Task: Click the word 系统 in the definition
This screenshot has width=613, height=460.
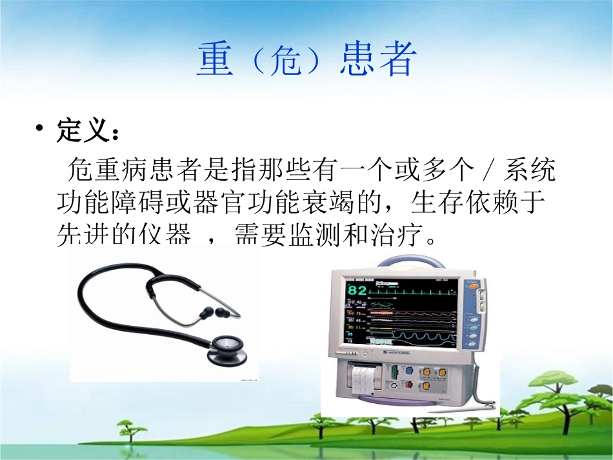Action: coord(530,172)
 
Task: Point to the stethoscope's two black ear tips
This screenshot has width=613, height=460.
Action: coord(216,314)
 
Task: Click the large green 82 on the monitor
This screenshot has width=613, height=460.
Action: coord(357,290)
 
